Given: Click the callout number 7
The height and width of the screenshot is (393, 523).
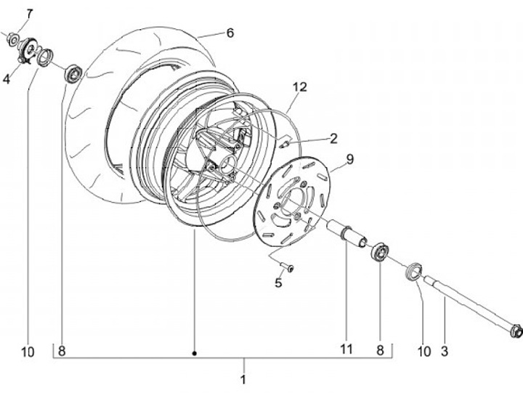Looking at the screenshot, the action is pos(29,14).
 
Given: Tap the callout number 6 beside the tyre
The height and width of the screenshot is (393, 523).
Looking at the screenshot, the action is pos(230,33).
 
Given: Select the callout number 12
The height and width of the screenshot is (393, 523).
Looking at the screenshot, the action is pos(300,87).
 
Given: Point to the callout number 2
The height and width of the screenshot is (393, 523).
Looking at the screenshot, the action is pos(333,137).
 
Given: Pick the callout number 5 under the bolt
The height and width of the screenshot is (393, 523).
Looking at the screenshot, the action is pos(277,283).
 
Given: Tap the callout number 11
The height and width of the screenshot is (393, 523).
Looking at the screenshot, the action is pos(346,349).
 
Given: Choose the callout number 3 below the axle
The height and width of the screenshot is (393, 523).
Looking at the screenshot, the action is pos(444,352).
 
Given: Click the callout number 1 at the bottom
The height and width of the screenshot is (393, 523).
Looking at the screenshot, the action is pos(243,379).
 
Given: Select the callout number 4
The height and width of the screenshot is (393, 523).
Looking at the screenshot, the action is pos(6,78).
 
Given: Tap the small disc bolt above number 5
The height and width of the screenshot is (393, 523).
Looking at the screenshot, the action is pos(289,268).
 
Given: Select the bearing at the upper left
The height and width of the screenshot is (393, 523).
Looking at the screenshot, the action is pos(73,73).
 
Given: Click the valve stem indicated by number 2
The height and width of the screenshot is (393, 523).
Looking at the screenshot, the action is pos(285,142).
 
